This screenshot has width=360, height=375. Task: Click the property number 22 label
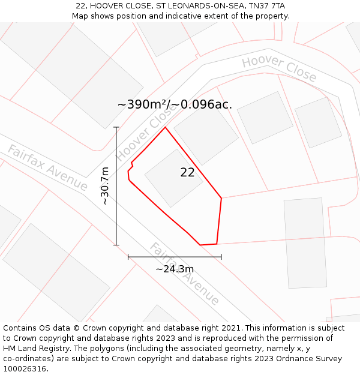coord(187,172)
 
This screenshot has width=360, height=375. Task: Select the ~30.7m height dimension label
coord(105,186)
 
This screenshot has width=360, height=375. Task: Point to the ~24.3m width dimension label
coord(175,269)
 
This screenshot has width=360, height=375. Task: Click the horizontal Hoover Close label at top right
coord(279,68)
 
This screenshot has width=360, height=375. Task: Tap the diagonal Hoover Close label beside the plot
coord(142,137)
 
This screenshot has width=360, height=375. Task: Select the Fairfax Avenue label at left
coord(47,167)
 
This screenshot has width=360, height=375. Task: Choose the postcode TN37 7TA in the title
coord(265,5)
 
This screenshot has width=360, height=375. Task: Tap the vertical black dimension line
coord(116,186)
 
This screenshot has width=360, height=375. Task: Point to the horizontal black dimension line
coord(175,257)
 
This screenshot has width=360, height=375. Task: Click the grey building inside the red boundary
coord(173,178)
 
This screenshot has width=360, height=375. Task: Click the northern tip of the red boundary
coord(165,127)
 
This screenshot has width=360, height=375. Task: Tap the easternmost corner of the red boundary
coord(221,197)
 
